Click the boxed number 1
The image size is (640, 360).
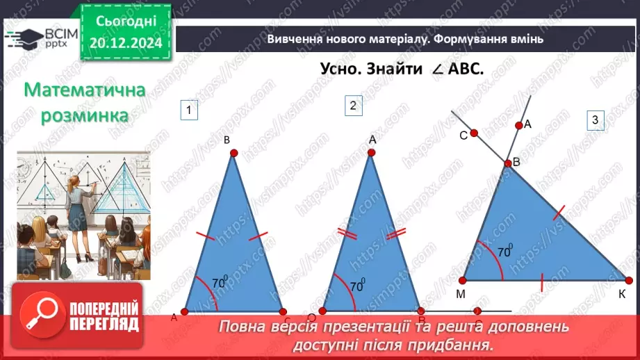click(x=188, y=109)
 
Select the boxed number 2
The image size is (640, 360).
click(x=353, y=106)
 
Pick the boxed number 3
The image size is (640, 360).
click(x=595, y=120)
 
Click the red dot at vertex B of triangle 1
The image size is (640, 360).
click(x=233, y=152)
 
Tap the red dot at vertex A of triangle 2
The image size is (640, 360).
click(x=372, y=152)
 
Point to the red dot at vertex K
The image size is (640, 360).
click(x=629, y=280)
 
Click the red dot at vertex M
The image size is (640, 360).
click(x=462, y=280)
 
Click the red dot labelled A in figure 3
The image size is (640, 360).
click(x=518, y=126)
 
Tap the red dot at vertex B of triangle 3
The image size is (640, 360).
click(x=507, y=163)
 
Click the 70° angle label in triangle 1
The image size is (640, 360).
click(x=220, y=283)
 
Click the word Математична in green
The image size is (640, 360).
click(x=84, y=91)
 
